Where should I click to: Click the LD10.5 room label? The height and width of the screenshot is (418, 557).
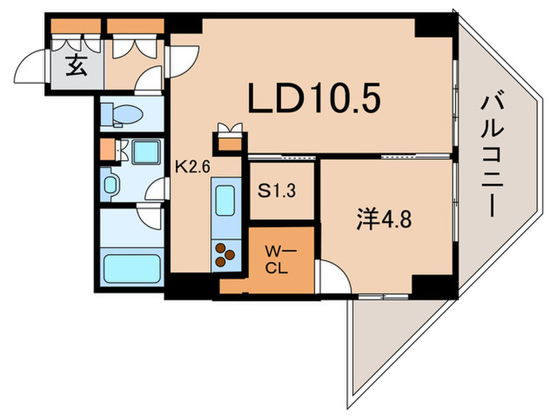314,98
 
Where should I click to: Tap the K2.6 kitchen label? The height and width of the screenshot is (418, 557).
193,166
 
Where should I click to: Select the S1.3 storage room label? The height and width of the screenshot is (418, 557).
276,191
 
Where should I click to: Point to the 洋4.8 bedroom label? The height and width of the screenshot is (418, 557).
384,219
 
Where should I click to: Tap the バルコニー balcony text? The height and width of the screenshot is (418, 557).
492,156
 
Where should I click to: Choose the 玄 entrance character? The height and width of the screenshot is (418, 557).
76,66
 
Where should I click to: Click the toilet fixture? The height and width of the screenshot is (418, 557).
122,115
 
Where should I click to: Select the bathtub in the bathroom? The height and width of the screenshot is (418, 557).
132,268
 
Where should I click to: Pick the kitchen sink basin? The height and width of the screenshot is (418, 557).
225,201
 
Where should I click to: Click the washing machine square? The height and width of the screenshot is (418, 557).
146,152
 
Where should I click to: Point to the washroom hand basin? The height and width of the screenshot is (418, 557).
110,185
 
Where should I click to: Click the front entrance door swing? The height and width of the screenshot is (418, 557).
30,67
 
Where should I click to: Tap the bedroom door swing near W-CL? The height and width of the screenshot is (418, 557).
334,276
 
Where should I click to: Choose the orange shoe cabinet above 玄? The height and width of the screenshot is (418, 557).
76,26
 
